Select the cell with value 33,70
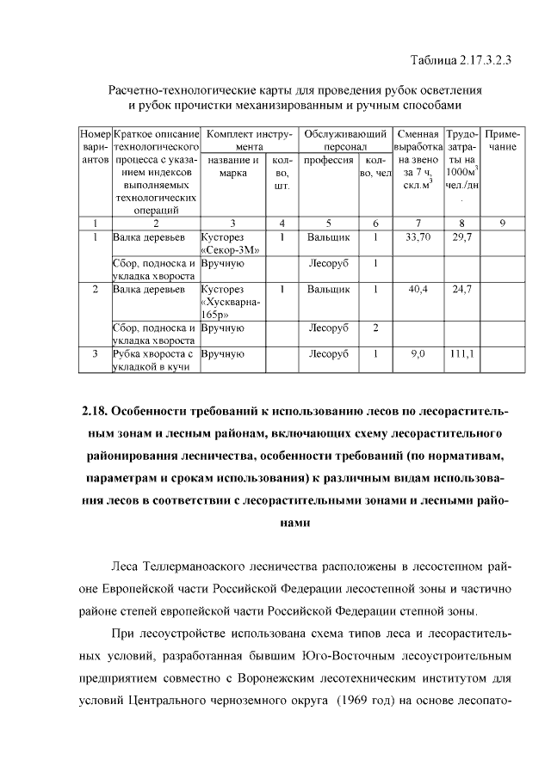point(417,236)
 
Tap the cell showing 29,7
point(461,236)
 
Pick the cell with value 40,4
point(417,290)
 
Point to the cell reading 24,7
point(461,290)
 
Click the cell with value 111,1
point(461,353)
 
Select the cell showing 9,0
point(417,353)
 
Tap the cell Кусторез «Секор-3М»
point(232,243)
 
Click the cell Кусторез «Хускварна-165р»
point(232,303)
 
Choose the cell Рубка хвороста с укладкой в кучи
point(155,360)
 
